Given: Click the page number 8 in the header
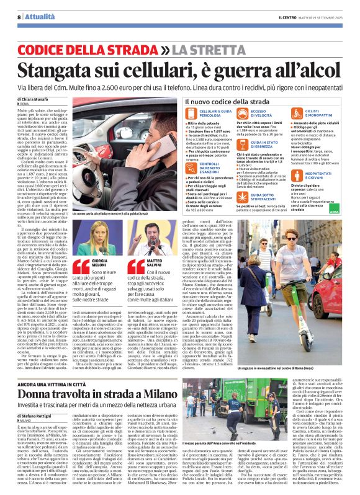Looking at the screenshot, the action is tap(11, 17).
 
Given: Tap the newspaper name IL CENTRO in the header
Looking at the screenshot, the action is tap(290, 17).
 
